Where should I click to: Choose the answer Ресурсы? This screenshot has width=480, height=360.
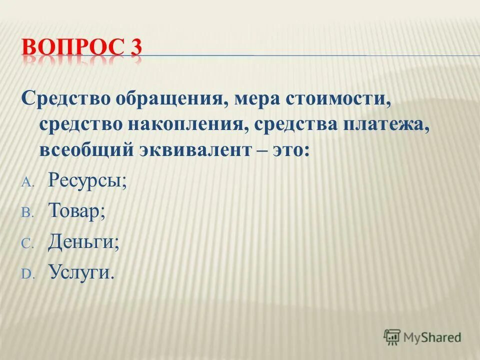pyautogui.click(x=87, y=180)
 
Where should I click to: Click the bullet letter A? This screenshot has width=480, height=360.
pyautogui.click(x=26, y=182)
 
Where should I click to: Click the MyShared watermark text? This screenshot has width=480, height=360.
pyautogui.click(x=433, y=337)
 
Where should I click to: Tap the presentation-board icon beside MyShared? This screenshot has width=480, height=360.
pyautogui.click(x=392, y=336)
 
